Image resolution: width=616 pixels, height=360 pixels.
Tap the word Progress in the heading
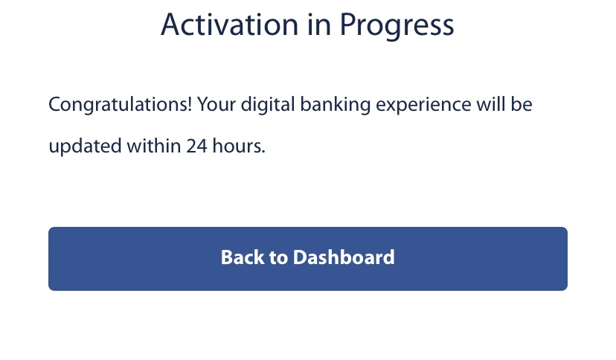point(397,26)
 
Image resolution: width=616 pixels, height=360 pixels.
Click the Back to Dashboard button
point(307,258)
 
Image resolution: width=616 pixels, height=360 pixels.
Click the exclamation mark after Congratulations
point(193,104)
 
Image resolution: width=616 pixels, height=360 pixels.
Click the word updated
point(78,147)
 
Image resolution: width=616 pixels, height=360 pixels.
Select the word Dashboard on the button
point(344,258)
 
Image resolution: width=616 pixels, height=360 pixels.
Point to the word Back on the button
point(243,258)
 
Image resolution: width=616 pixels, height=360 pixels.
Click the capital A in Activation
point(171,25)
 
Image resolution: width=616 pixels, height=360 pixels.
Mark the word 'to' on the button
point(279,258)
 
